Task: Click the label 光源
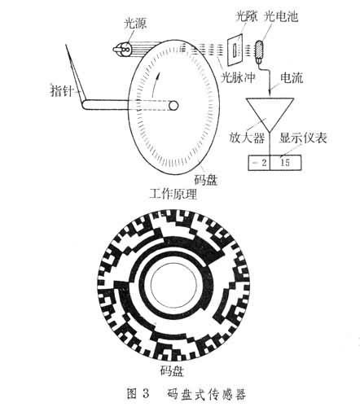coord(135,24)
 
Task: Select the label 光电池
coord(281,16)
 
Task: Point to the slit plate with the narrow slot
coord(235,50)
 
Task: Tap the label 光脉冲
coord(239,77)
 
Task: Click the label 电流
coord(292,78)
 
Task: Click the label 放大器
coord(247,138)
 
